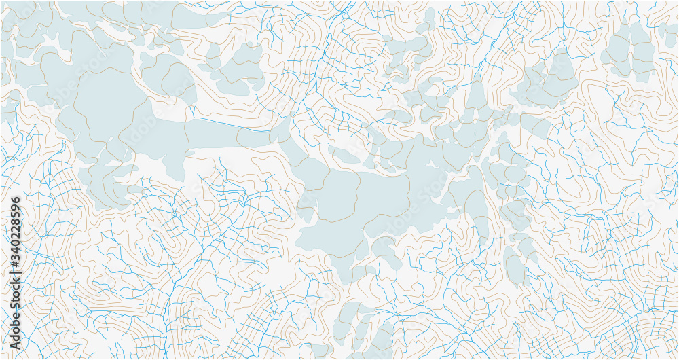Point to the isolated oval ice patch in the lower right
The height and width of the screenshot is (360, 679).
tap(515, 265)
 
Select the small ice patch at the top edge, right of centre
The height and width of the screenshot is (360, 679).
tap(428, 17)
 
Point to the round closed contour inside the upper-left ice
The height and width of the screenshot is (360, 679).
tap(109, 102)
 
